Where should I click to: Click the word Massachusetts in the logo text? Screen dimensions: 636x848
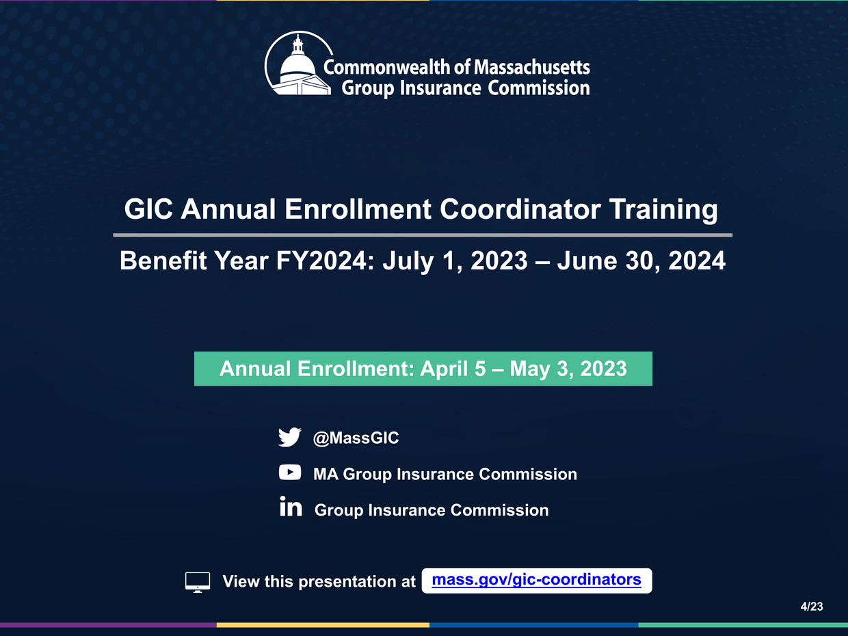tap(531, 67)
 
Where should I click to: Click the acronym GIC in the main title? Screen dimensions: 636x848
tap(148, 209)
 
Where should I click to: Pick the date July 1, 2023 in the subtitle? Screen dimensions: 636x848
tap(454, 261)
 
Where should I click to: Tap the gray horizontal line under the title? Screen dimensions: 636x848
tap(423, 235)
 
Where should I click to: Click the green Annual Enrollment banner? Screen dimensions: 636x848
tap(423, 369)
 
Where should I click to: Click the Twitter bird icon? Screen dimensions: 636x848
tap(289, 438)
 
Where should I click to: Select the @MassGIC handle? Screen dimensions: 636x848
tap(356, 438)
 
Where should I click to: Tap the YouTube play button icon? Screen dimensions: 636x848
tap(289, 473)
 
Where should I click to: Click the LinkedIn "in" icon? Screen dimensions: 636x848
tap(291, 508)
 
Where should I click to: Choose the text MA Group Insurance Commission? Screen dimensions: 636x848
tap(445, 474)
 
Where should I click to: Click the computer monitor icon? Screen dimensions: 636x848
tap(198, 582)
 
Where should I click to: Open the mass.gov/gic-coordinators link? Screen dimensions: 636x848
tap(537, 580)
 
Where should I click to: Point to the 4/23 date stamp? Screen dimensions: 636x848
tap(812, 607)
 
